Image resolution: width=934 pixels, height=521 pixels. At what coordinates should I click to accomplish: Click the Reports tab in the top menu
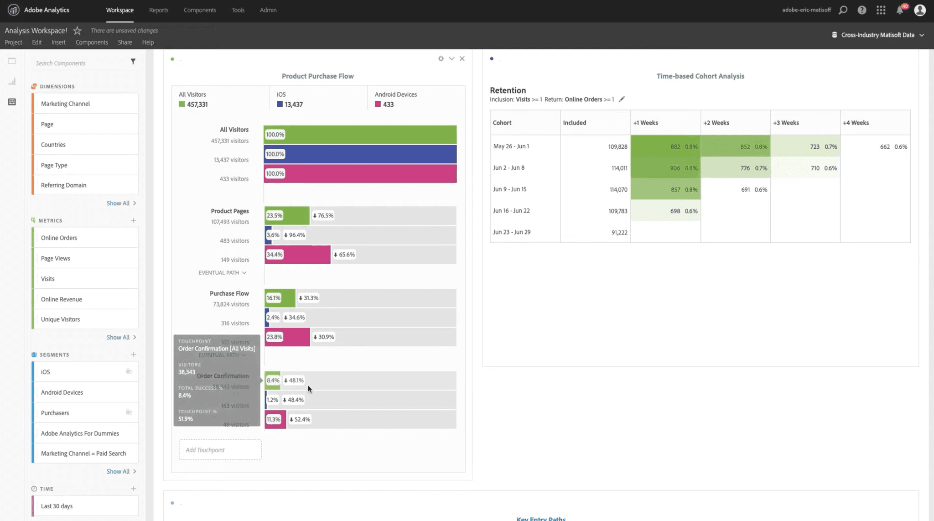click(x=158, y=10)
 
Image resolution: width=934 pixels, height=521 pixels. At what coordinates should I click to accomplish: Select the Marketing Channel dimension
click(x=65, y=104)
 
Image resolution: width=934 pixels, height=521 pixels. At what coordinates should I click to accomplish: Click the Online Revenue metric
click(x=62, y=299)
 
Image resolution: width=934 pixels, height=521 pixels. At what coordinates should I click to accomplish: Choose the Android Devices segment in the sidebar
click(x=62, y=392)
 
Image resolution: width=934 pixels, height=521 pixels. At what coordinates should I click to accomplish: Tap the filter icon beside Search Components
click(x=133, y=62)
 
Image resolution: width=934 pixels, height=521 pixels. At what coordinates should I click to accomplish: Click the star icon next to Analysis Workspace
click(x=78, y=31)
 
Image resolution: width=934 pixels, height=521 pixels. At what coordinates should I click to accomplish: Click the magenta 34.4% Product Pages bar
click(x=297, y=255)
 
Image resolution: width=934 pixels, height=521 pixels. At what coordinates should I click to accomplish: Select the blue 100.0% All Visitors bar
click(x=360, y=154)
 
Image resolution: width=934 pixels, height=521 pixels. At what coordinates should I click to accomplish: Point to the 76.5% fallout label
click(x=323, y=215)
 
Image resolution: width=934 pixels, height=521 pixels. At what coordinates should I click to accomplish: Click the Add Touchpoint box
click(x=220, y=450)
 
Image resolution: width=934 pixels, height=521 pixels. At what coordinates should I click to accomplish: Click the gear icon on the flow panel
click(x=441, y=58)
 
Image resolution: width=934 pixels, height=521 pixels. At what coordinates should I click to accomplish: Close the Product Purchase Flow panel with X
click(x=462, y=58)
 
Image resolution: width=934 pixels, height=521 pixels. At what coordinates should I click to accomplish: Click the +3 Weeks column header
click(x=786, y=123)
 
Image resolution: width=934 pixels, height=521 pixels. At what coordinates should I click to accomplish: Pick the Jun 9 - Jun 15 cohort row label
click(x=509, y=189)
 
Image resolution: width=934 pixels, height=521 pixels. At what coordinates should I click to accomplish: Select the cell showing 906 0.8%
click(x=665, y=168)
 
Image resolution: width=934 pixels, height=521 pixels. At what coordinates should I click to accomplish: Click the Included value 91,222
click(x=619, y=232)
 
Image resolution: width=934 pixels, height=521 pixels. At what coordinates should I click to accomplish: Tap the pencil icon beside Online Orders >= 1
click(x=622, y=99)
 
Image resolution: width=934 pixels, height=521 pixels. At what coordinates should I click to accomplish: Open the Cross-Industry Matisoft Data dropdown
click(x=878, y=35)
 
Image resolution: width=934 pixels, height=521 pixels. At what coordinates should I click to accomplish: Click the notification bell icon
click(x=900, y=10)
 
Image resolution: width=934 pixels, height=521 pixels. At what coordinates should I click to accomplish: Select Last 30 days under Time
click(x=57, y=506)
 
